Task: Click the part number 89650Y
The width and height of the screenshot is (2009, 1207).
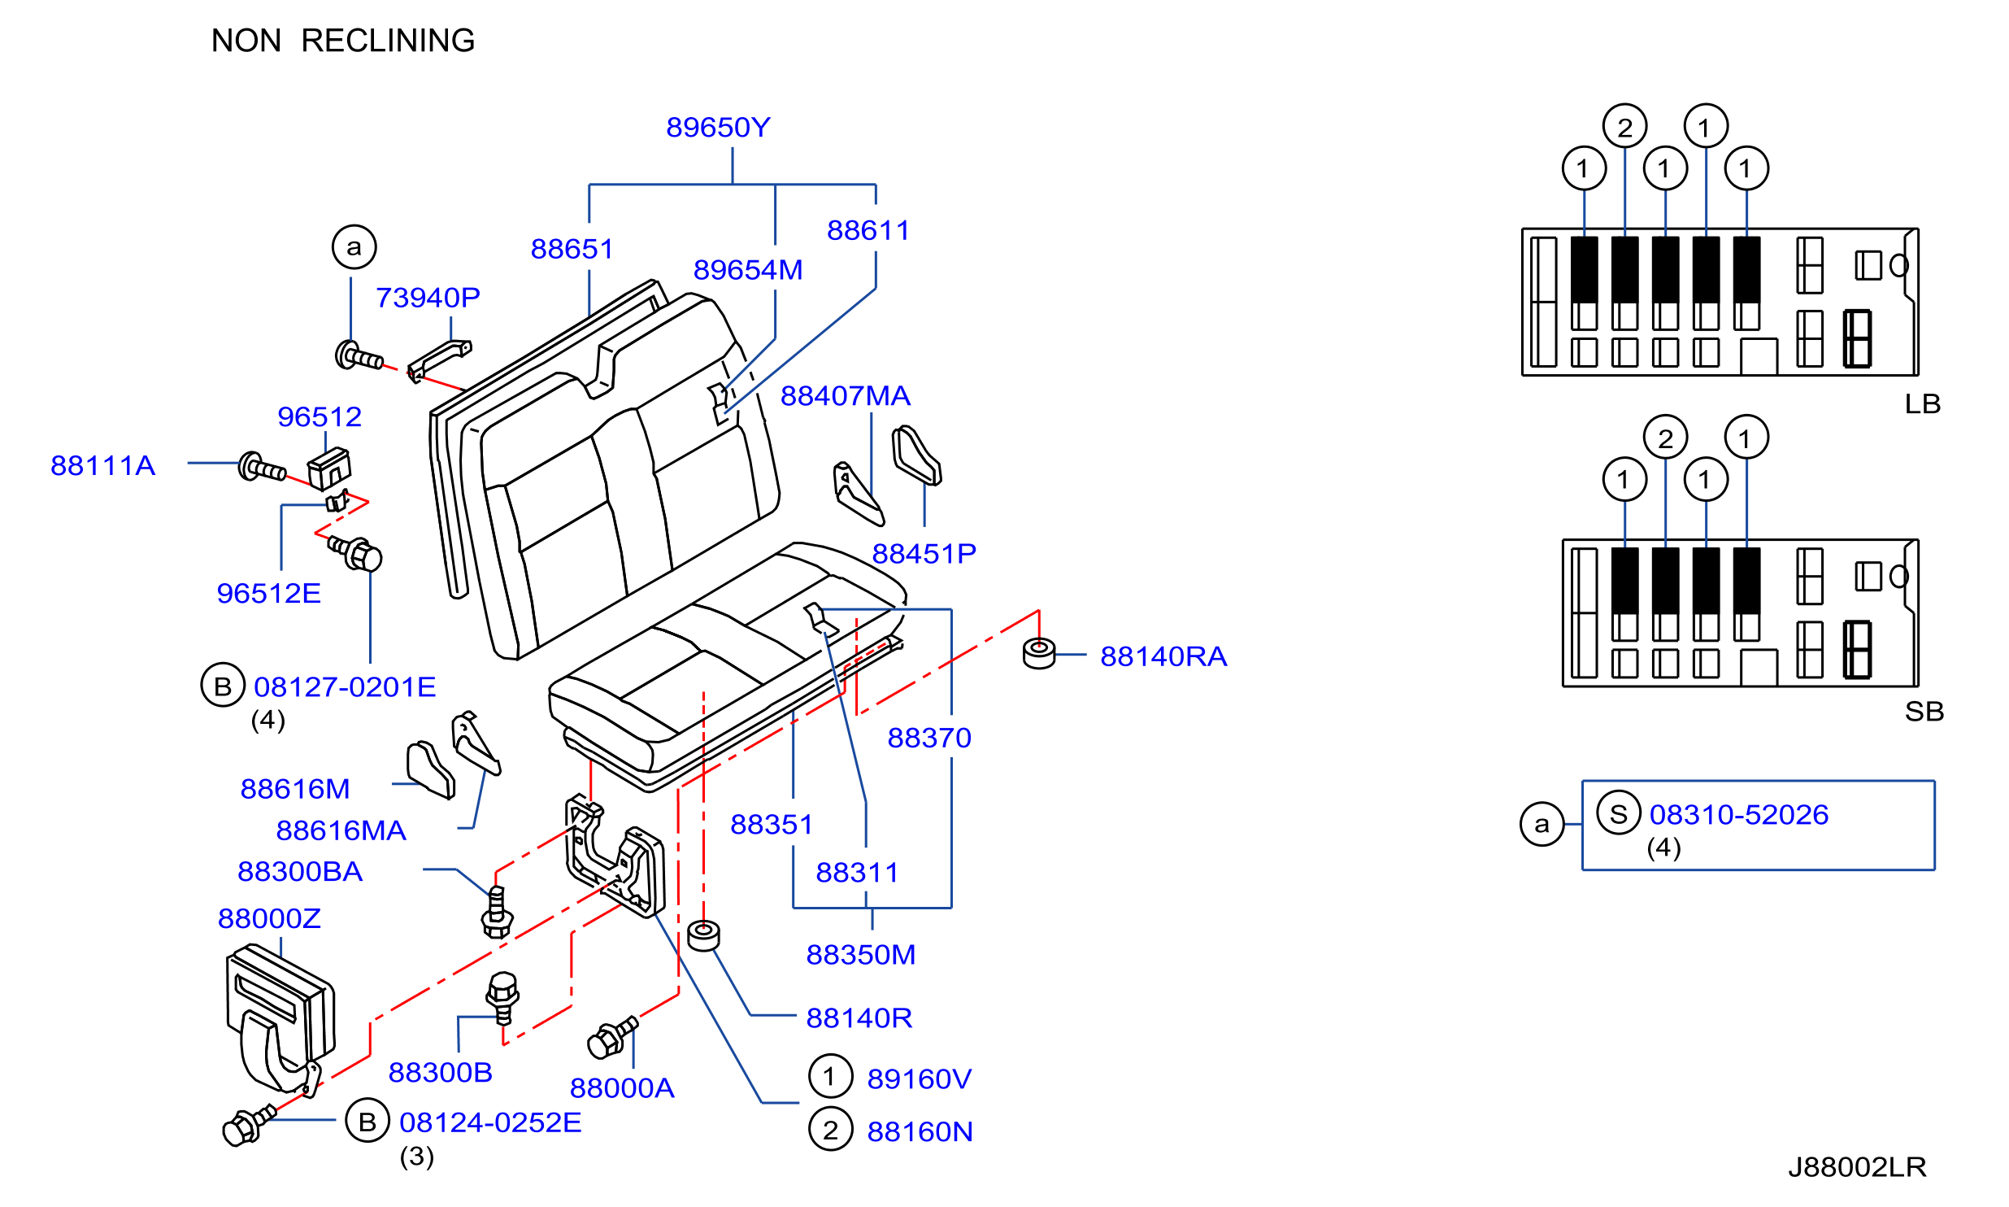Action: [718, 128]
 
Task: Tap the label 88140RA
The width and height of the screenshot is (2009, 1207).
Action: [1163, 656]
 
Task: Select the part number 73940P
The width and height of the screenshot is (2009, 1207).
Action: [428, 298]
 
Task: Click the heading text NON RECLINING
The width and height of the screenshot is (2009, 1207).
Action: [343, 41]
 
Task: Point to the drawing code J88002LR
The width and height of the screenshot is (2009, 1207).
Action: [1857, 1167]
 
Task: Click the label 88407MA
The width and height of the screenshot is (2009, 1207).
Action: [846, 396]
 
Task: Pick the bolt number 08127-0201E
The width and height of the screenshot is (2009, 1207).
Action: [345, 687]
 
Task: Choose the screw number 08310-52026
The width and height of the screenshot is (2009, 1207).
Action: [1739, 814]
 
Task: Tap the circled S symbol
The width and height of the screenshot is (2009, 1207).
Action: [1619, 813]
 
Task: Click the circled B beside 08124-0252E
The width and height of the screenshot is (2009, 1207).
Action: [367, 1121]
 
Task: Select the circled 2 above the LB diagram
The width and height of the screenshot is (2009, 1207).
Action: [1624, 127]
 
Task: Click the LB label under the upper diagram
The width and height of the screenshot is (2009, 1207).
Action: [1922, 404]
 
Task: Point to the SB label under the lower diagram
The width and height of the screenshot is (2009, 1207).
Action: [1924, 712]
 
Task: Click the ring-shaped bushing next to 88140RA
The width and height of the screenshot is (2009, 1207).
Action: [1039, 653]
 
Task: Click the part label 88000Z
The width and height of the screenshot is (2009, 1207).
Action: [269, 919]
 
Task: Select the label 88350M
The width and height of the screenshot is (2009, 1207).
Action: [860, 955]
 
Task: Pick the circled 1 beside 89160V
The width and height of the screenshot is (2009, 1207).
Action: [830, 1076]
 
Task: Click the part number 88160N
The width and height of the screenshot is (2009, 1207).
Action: [920, 1132]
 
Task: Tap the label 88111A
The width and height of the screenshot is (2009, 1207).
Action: [102, 466]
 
